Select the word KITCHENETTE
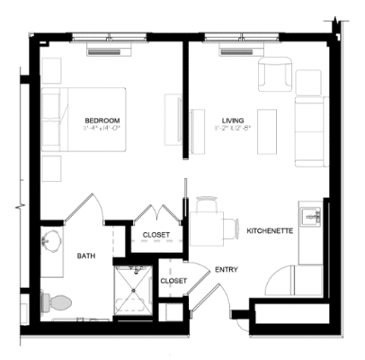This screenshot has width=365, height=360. coord(270,231)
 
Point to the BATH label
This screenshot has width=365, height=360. coord(86,256)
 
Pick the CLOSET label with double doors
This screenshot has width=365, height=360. coord(156,236)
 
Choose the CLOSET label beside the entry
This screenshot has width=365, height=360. coord(174,281)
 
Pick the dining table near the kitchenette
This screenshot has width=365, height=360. coord(209,225)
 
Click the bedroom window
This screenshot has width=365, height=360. coord(110,39)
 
